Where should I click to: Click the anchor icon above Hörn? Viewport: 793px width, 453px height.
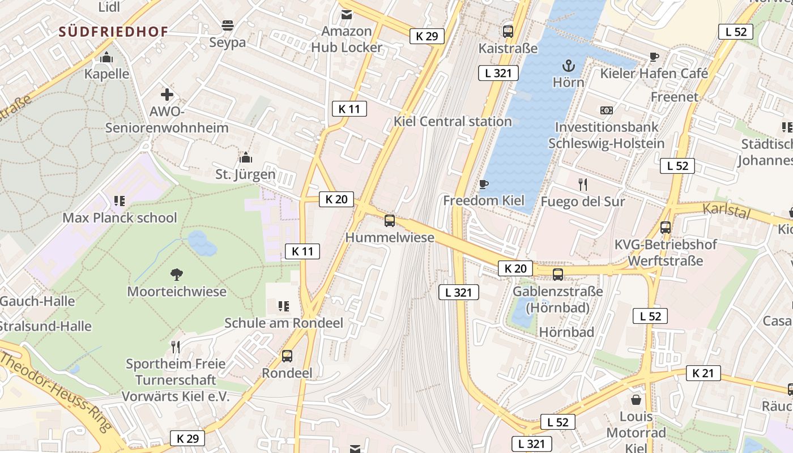click(568, 66)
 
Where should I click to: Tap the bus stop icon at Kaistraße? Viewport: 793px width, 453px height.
click(508, 32)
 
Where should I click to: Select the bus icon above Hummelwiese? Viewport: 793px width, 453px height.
click(390, 221)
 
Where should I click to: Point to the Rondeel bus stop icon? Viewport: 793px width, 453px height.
click(287, 356)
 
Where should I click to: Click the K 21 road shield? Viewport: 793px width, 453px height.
click(704, 373)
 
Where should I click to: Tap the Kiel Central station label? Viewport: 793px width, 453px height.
click(453, 121)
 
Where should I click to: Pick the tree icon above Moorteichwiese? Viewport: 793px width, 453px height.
click(177, 275)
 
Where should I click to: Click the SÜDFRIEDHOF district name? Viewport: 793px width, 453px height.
click(113, 32)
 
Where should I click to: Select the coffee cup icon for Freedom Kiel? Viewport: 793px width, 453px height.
click(483, 184)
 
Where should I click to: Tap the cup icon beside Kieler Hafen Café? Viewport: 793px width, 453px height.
click(654, 57)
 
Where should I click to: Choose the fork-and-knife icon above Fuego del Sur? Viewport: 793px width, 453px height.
click(583, 184)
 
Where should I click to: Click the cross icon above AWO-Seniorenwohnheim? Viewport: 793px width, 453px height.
click(167, 94)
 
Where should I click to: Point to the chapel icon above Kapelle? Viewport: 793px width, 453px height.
click(106, 58)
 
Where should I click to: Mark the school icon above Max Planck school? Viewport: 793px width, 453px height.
click(120, 200)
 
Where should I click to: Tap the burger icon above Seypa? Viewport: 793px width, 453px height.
click(228, 25)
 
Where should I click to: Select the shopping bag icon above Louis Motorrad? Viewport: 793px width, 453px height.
click(636, 400)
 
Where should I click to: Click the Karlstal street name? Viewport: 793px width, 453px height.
click(726, 211)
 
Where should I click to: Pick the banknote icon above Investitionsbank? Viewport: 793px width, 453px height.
click(607, 110)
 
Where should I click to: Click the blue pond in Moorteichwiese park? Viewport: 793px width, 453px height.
click(202, 243)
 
